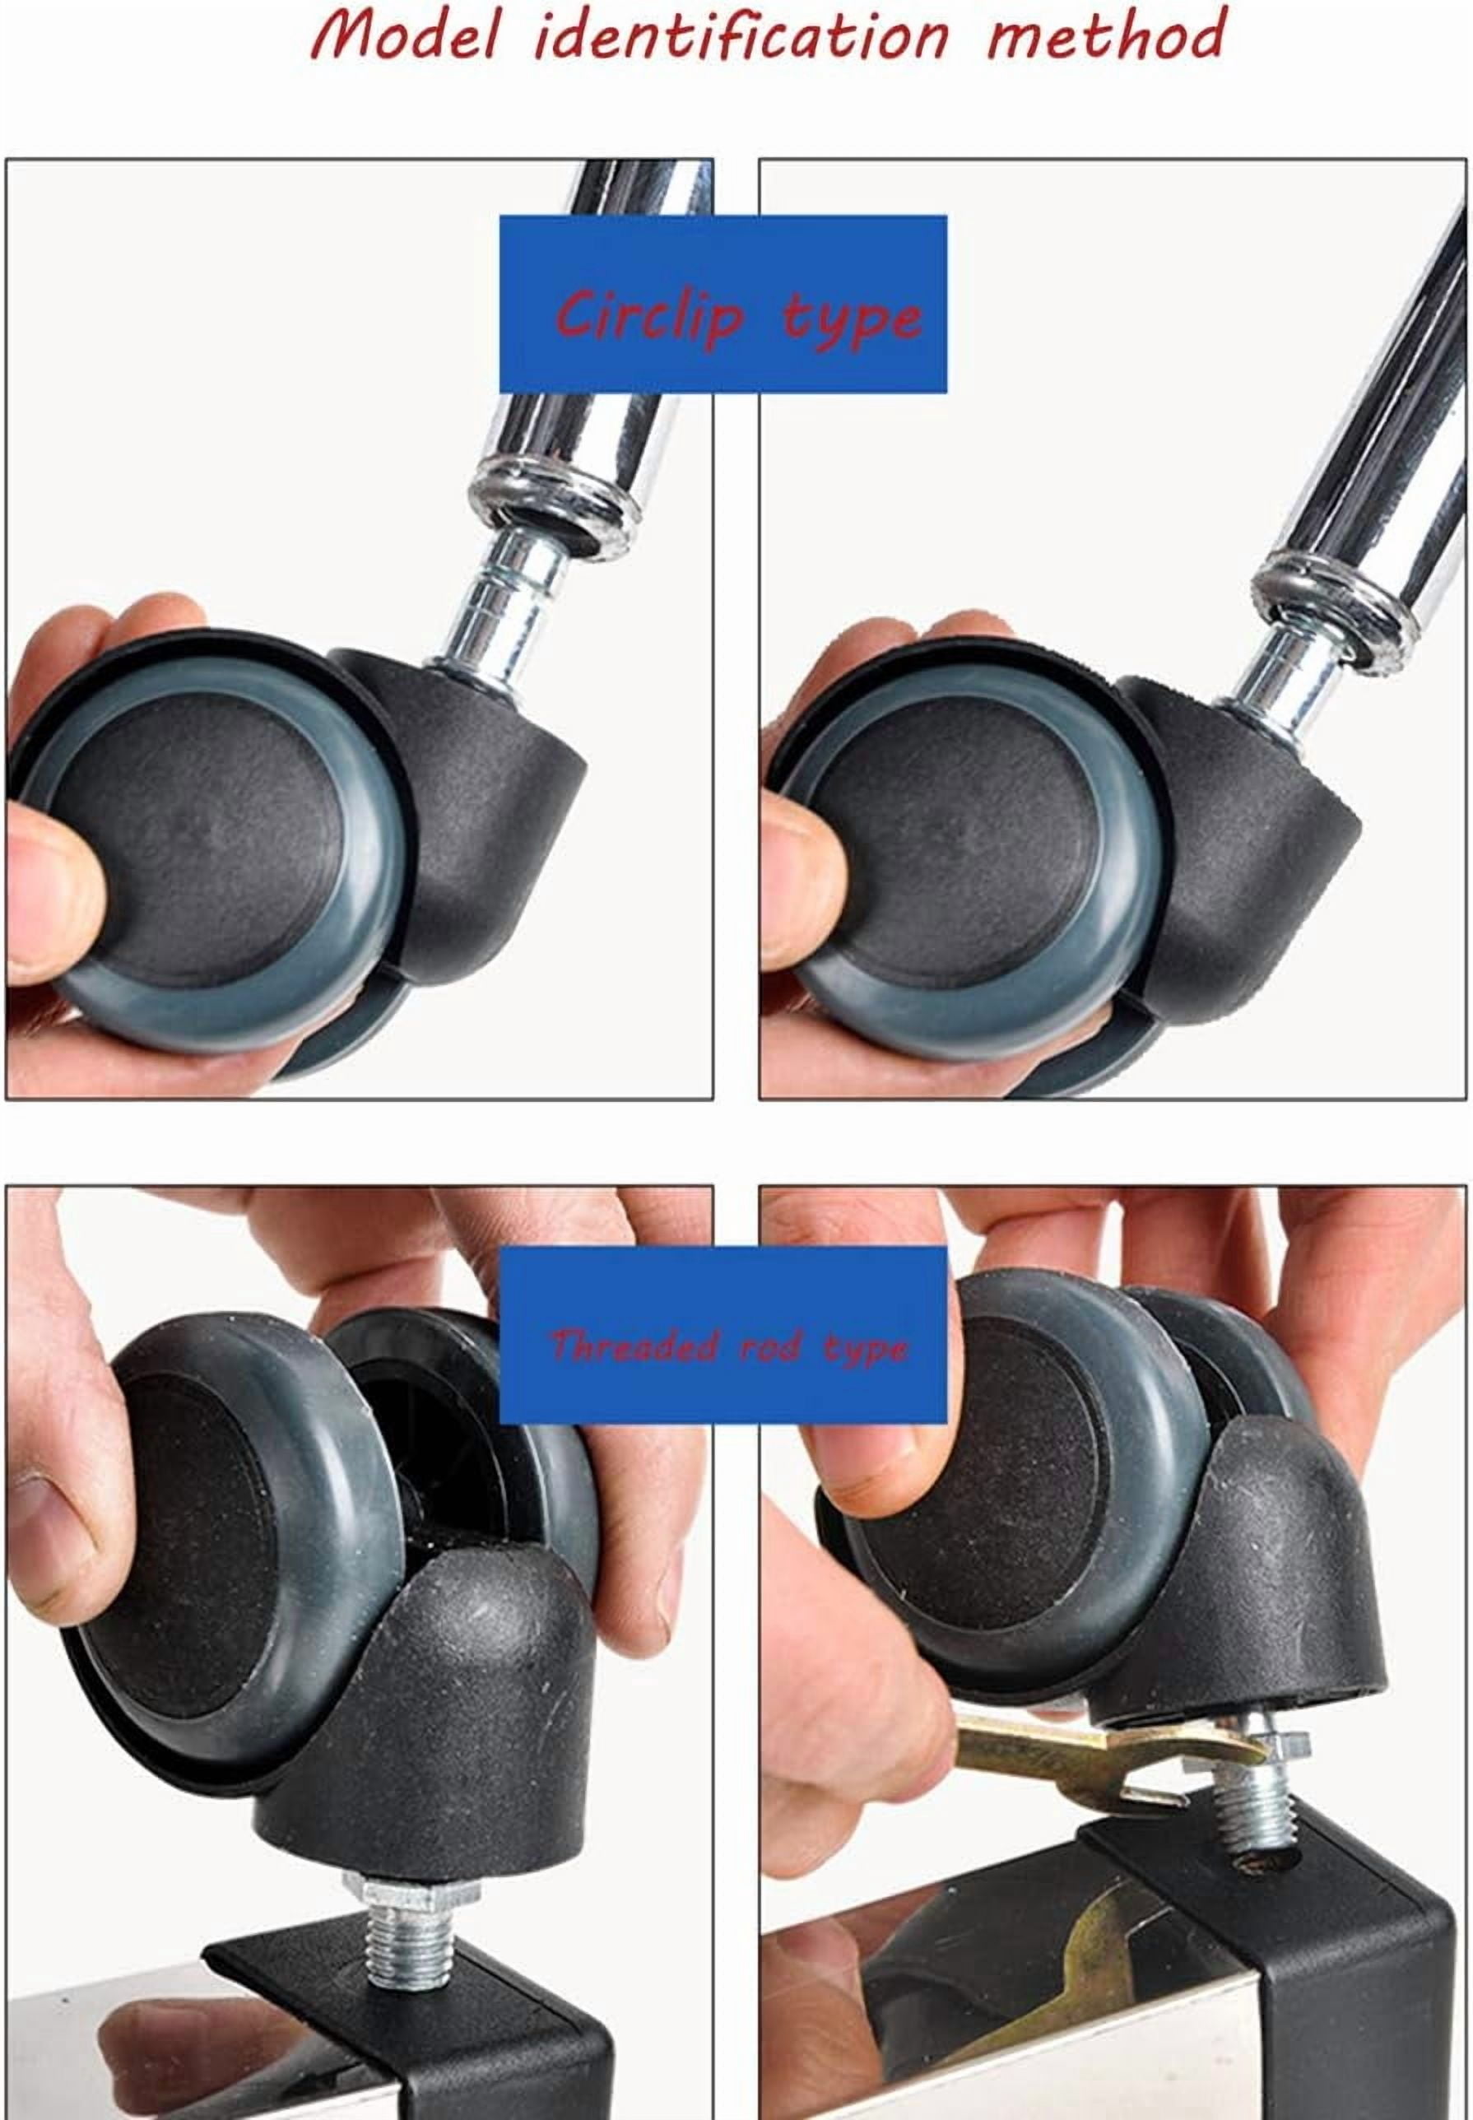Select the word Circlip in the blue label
pos(651,316)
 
